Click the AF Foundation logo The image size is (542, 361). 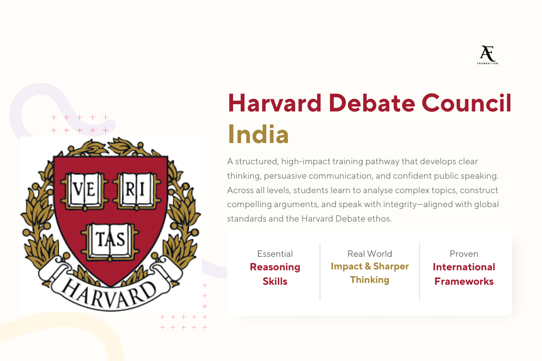click(487, 55)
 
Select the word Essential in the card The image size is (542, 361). click(275, 254)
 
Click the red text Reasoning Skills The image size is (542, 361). click(275, 274)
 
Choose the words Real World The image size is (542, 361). click(369, 254)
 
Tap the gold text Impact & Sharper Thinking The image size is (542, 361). click(369, 273)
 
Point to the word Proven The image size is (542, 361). click(464, 254)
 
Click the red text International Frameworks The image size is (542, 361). click(464, 274)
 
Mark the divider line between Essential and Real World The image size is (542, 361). click(320, 271)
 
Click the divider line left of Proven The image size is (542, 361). click(420, 271)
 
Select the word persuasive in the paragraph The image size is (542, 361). click(286, 176)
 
